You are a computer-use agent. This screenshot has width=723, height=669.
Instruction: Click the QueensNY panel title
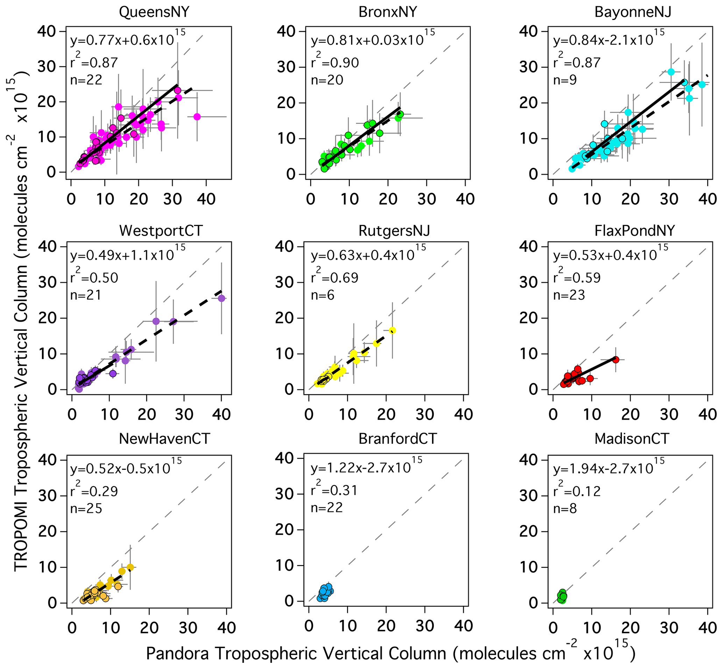click(x=154, y=12)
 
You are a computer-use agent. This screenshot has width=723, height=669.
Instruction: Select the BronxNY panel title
click(x=388, y=12)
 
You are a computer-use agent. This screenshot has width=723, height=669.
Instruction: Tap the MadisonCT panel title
click(x=631, y=439)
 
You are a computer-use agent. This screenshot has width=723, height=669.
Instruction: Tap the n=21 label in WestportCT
click(x=86, y=295)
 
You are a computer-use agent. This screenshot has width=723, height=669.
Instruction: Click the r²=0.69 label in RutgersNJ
click(x=334, y=277)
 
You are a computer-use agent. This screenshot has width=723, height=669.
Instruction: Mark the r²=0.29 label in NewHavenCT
click(x=94, y=491)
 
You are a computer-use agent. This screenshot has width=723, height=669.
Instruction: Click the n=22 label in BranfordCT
click(x=327, y=507)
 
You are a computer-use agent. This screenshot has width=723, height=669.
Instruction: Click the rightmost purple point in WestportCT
click(x=221, y=298)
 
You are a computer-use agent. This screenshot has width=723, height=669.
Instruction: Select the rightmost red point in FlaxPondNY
click(x=616, y=360)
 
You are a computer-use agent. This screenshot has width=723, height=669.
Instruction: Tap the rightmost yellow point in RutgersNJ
click(x=392, y=330)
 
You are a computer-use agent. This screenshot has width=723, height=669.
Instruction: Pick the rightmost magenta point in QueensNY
click(x=197, y=116)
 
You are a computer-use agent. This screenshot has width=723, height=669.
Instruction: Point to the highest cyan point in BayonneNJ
click(x=671, y=72)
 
